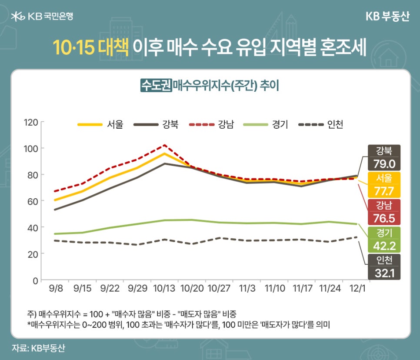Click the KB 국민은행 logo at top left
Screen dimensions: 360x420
click(x=42, y=17)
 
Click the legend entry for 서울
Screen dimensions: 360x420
click(x=100, y=125)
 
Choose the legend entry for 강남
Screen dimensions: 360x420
click(x=211, y=125)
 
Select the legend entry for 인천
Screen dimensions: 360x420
click(x=321, y=125)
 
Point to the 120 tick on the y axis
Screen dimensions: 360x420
click(x=31, y=122)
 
